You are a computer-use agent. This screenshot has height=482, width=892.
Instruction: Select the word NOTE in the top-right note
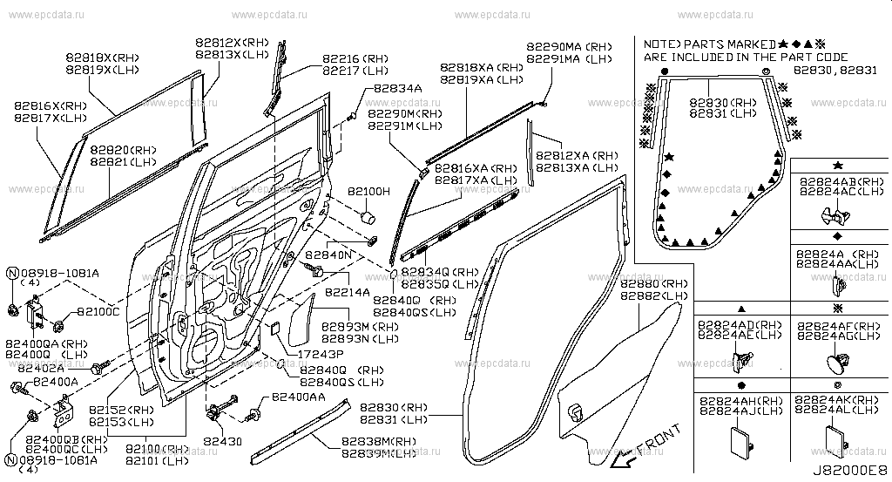660,44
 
